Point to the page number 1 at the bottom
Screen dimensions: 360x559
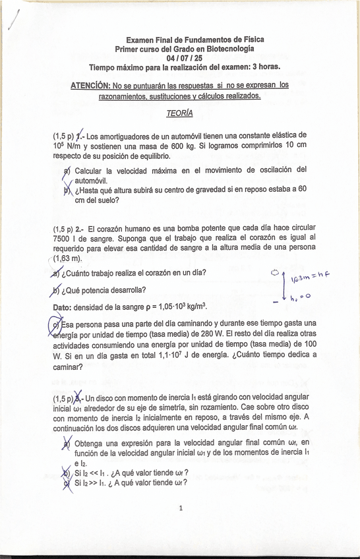pyautogui.click(x=180, y=508)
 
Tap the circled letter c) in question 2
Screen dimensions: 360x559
pyautogui.click(x=55, y=324)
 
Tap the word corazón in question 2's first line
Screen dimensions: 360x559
pyautogui.click(x=108, y=229)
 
